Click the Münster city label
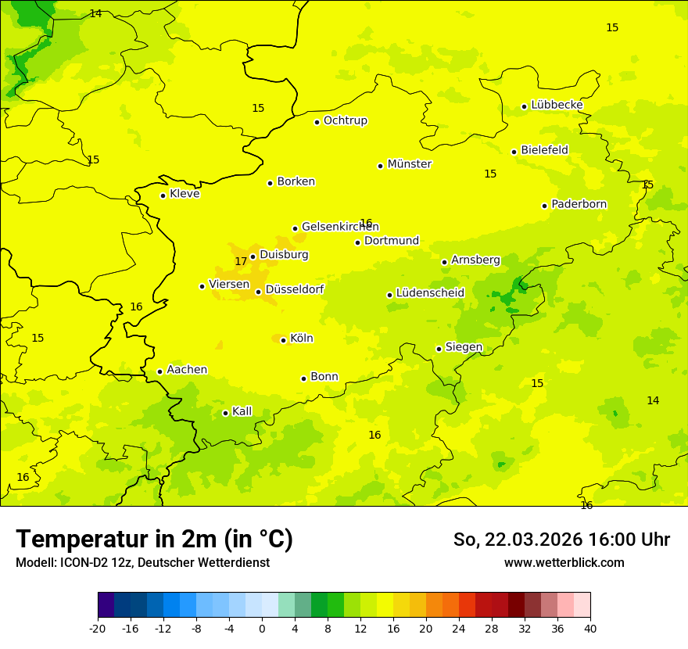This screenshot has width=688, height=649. coord(409,164)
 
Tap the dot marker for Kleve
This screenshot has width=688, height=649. coord(163,195)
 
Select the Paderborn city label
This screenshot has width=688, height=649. coord(579,204)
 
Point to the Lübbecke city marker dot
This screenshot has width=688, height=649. coord(524,106)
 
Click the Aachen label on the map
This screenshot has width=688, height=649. coord(187,370)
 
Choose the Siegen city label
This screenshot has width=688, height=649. coord(464,347)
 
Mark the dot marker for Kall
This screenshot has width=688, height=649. coord(225,413)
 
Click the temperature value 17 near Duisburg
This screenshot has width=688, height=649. coord(241,261)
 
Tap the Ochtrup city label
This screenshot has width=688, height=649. coord(345,120)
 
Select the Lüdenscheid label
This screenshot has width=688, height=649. coord(430,293)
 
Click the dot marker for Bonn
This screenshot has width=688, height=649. coord(303,378)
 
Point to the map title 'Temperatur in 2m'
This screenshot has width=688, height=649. coord(154,539)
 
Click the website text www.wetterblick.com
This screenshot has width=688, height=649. coord(564,563)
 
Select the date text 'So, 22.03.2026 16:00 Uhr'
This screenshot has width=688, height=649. coord(561,540)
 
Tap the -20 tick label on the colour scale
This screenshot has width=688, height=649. coord(98,629)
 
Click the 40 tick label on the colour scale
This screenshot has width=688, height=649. coord(590,629)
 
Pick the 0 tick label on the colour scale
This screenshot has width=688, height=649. coord(262,629)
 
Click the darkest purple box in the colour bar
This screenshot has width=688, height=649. coord(106,605)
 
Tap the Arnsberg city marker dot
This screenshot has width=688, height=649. coord(444,262)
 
